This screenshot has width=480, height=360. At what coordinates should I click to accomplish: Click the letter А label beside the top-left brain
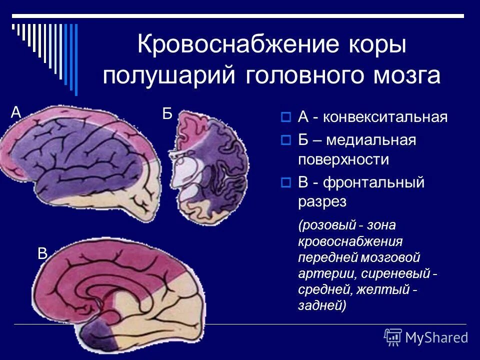16,113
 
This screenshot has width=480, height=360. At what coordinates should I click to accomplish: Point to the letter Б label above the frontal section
167,114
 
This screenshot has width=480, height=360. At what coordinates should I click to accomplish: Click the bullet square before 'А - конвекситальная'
286,118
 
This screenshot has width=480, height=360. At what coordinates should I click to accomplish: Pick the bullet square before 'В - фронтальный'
286,183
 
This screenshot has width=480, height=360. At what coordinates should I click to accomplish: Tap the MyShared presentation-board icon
393,337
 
